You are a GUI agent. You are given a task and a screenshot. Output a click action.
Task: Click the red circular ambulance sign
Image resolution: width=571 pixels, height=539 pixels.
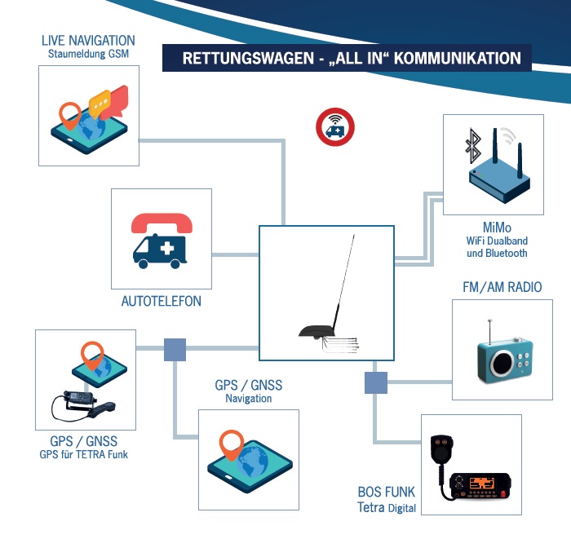coord(334,128)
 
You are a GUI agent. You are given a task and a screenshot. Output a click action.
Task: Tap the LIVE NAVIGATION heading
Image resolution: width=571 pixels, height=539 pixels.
coord(88,40)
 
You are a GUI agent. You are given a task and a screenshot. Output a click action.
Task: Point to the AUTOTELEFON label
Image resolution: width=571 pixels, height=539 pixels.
coord(162,302)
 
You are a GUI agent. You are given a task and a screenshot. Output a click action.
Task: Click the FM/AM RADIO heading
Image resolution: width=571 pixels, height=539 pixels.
coord(501,287)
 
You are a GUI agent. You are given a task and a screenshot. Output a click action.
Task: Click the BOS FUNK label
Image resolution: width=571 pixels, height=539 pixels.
coord(387,492)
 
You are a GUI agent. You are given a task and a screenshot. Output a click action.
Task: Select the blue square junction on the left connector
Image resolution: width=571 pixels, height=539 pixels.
coord(175,350)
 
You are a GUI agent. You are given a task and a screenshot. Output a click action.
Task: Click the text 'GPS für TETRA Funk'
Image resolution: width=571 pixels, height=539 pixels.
coord(84,454)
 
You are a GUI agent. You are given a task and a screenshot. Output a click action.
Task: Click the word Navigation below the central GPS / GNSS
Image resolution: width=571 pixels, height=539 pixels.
coord(249,399)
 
